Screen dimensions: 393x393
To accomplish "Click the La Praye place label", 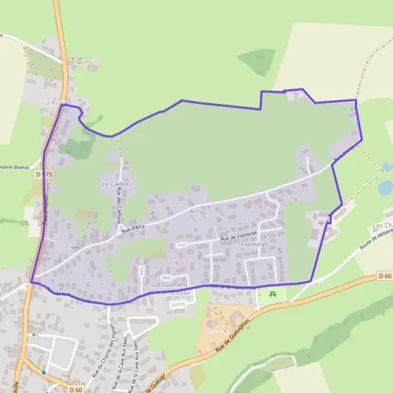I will click(x=54, y=103).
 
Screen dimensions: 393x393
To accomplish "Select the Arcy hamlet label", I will click(x=196, y=212).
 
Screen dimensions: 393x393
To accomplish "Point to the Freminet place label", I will click(x=255, y=244).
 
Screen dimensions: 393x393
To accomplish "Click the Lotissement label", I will click(x=169, y=286).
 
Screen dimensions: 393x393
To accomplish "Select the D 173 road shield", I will click(x=45, y=174).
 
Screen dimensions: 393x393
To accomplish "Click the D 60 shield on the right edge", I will click(x=386, y=277).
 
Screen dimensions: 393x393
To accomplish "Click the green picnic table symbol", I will click(x=272, y=293).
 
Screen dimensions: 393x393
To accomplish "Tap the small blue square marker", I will click(x=44, y=372).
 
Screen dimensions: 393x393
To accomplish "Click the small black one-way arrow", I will click(x=34, y=335).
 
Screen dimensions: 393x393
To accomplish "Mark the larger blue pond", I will click(x=385, y=187).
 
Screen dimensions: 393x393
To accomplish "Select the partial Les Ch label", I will click(x=383, y=226).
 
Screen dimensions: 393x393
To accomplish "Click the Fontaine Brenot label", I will click(x=14, y=167).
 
